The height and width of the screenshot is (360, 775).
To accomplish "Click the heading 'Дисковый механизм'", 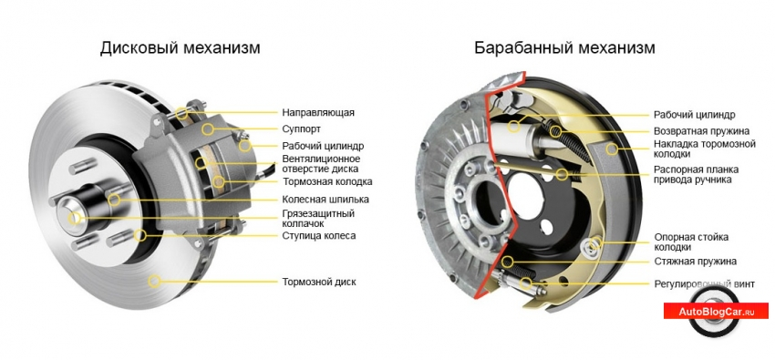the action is coord(180,48).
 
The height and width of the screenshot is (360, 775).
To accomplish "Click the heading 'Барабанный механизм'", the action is coord(564,48).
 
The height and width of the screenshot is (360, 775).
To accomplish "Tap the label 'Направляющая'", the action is coord(318,113).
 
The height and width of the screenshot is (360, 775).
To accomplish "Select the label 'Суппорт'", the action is coord(302,129).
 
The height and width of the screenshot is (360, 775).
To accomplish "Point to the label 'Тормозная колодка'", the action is coord(327,181).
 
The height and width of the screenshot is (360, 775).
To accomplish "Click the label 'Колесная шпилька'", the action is coord(325,200).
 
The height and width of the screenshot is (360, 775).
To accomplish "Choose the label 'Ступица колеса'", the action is coord(319,235).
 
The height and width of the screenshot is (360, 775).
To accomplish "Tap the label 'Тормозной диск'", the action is coord(319,282).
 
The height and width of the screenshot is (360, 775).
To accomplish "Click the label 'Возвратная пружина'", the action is coord(701,131).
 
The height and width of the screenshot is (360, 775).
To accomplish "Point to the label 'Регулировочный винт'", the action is coord(704,284).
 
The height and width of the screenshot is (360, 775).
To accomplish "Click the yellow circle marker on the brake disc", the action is coord(155,281).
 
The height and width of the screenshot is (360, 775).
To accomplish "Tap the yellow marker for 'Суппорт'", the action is coord(208,129).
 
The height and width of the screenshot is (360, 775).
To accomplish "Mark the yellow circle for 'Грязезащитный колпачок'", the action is coord(74,218).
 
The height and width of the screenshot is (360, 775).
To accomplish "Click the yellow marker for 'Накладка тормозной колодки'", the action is coord(612,149).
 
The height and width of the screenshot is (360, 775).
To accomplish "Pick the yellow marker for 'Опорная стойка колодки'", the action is coord(594,243).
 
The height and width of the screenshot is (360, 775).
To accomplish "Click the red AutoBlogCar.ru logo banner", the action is coord(716,312).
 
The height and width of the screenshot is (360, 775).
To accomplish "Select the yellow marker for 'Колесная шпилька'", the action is coord(114,200).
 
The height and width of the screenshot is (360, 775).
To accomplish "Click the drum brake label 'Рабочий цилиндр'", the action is coord(695,115).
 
